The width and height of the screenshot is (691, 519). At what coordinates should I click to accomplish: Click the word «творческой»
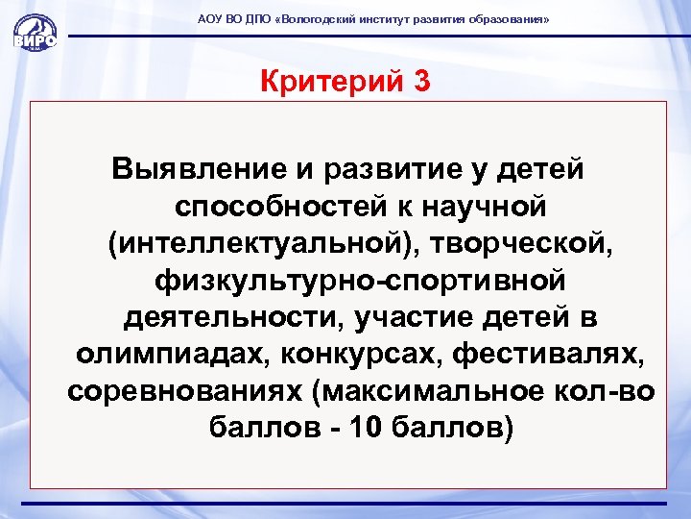pyautogui.click(x=524, y=244)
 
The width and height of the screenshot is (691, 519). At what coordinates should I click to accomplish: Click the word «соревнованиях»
pyautogui.click(x=191, y=391)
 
